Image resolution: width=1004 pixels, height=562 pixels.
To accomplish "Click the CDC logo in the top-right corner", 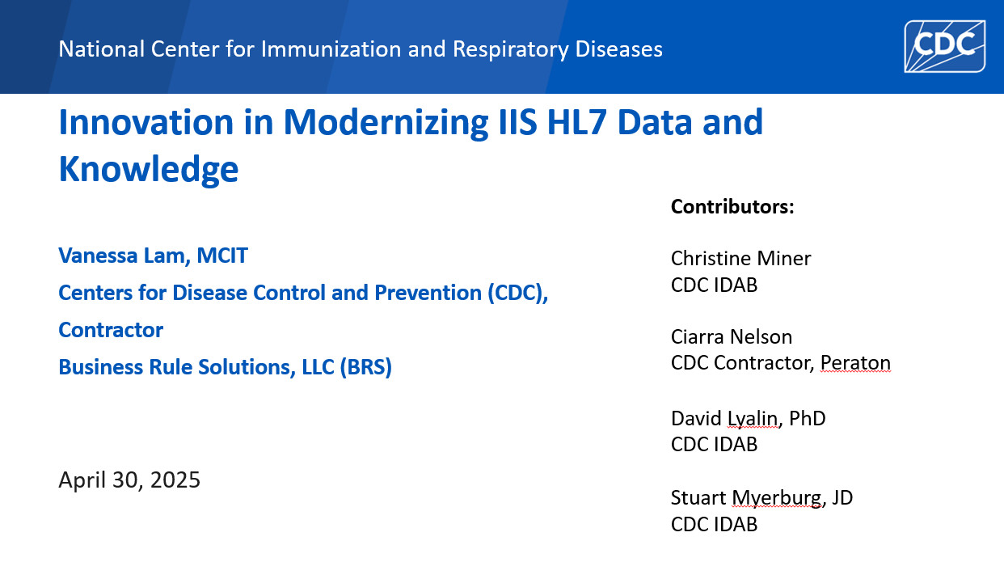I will (944, 45).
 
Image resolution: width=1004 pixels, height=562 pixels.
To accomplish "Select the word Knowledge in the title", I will (148, 168).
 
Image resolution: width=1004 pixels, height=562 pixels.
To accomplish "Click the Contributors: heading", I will (732, 207).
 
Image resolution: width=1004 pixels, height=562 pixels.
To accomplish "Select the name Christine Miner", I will (740, 258).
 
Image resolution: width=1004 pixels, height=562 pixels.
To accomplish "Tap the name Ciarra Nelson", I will (731, 336).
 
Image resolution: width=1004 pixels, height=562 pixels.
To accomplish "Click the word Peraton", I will (854, 363).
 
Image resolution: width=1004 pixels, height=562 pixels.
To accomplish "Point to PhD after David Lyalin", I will (808, 418).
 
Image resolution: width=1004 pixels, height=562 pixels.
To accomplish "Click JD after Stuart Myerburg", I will (842, 497).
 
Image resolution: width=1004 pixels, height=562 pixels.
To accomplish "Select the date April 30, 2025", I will (129, 480).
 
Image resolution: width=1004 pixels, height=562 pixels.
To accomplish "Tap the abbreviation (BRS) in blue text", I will (365, 367).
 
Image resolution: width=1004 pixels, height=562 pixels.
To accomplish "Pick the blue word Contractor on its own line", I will (111, 330).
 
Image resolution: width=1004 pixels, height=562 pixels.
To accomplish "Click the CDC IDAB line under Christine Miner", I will (714, 285).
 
